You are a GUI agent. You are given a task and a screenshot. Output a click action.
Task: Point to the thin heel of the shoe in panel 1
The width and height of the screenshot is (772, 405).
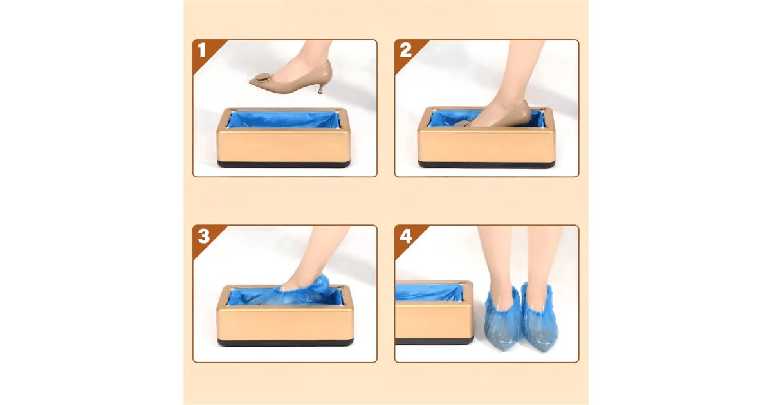(321, 89)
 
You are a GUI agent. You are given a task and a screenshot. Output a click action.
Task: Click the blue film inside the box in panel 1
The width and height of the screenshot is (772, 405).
(283, 119)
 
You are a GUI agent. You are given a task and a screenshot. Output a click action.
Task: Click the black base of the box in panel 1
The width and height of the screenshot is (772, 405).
(284, 165)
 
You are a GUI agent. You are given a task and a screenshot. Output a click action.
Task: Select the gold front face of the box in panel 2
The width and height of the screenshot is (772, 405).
(486, 145)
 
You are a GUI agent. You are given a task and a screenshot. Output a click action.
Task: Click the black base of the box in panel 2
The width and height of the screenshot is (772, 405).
(486, 165)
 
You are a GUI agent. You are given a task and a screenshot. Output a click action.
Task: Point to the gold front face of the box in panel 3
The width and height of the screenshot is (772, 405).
(285, 323)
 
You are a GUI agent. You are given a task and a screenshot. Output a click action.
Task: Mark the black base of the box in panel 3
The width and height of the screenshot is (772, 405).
(286, 342)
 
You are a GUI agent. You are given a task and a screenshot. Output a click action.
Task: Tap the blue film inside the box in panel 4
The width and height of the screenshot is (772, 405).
(429, 292)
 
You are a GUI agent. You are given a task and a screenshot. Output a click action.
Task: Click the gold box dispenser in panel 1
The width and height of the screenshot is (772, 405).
(284, 138)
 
